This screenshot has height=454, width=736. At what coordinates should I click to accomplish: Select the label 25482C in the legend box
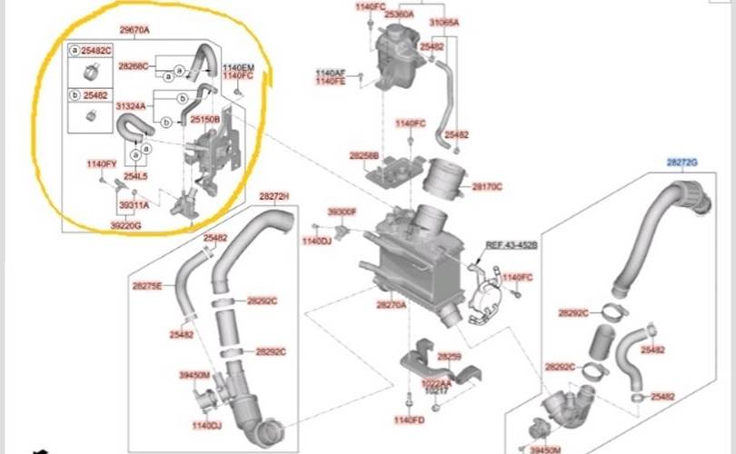94,51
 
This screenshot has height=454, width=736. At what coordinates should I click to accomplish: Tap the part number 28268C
134,65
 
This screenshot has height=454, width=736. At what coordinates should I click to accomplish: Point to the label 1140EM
239,69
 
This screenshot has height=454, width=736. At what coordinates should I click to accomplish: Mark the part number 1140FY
101,163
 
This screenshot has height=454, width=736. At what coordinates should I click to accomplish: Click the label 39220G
125,223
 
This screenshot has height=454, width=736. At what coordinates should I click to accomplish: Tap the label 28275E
146,286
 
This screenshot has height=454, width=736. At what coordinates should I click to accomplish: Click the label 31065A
444,22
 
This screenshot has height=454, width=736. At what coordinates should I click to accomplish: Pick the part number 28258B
363,156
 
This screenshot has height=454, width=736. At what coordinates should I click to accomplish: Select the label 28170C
487,187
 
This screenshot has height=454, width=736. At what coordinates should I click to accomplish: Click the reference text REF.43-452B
511,246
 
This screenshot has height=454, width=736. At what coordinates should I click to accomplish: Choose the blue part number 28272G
681,163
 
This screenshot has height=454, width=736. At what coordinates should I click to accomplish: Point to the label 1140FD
409,420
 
